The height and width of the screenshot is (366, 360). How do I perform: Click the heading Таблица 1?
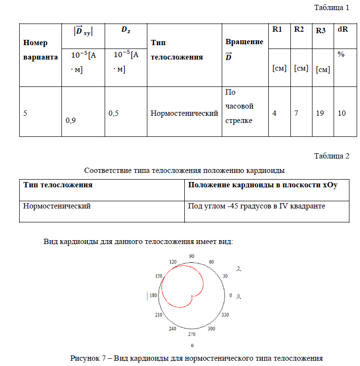pos(331,8)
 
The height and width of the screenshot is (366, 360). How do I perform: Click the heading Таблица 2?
pos(331,156)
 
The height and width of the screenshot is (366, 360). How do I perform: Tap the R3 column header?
pos(321,31)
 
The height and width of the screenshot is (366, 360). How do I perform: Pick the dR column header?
pos(343,29)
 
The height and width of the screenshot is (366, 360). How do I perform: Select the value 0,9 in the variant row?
pos(71,121)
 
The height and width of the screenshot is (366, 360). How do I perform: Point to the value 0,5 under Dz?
pos(113,113)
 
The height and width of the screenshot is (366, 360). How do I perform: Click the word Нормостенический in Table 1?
pos(184,113)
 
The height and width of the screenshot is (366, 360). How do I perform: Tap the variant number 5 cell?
pos(25,113)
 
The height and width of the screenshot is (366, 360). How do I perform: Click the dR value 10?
pos(342,113)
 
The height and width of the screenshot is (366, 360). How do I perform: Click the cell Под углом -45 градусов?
pos(257,206)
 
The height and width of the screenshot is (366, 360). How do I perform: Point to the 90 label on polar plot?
pos(192,257)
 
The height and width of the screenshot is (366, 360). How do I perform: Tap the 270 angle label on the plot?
pos(191,334)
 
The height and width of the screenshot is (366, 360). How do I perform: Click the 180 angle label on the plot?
pos(153,296)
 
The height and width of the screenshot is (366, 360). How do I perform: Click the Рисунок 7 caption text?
pos(196,358)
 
